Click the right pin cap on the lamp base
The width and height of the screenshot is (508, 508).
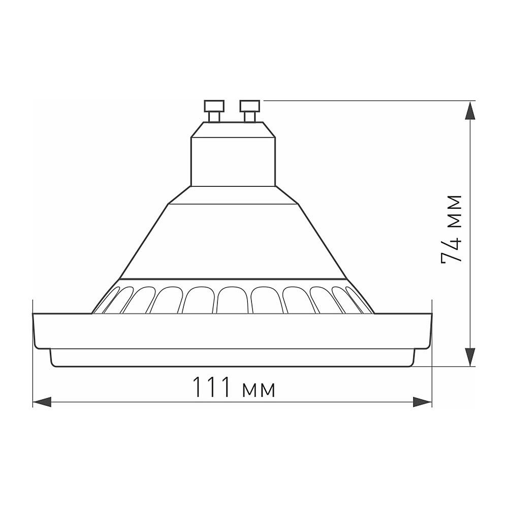pyautogui.click(x=250, y=106)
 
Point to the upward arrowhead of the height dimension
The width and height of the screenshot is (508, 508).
pyautogui.click(x=471, y=111)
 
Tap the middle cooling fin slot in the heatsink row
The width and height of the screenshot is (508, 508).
pyautogui.click(x=233, y=300)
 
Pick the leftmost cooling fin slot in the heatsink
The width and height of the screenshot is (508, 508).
pyautogui.click(x=107, y=302)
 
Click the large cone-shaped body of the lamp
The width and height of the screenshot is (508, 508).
pyautogui.click(x=233, y=241)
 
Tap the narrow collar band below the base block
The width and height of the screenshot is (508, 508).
pyautogui.click(x=233, y=195)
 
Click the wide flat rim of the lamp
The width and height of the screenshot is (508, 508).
pyautogui.click(x=233, y=331)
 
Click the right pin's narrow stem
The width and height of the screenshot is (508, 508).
pyautogui.click(x=250, y=117)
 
